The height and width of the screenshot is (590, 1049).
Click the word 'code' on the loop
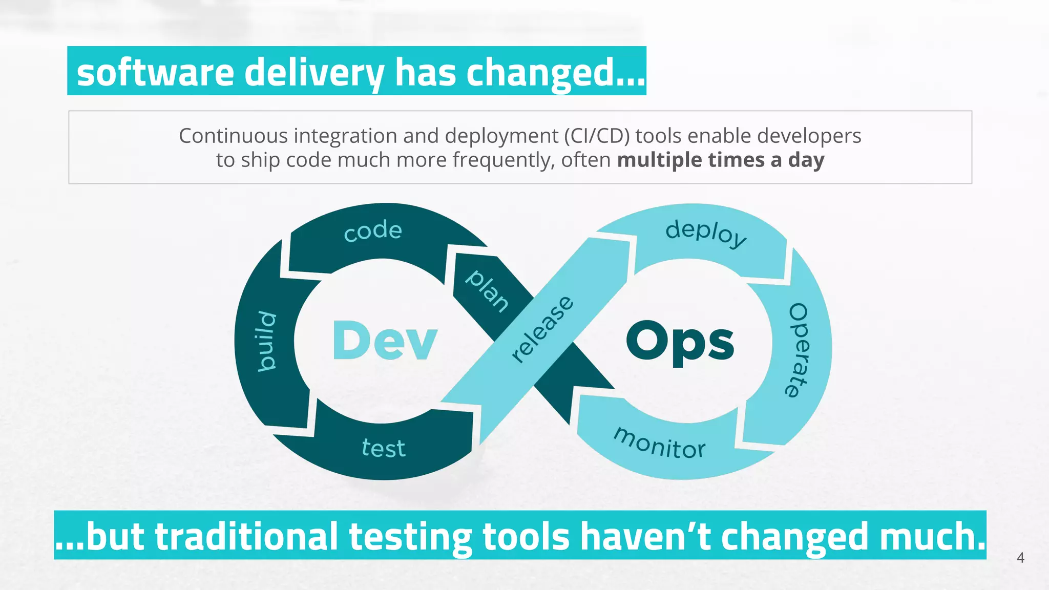point(373,231)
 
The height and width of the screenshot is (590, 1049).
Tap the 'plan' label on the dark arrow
point(487,290)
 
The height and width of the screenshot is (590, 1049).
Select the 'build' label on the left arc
point(266,341)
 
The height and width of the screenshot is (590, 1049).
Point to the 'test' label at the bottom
point(384,448)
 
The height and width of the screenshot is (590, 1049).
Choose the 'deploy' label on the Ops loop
point(706,234)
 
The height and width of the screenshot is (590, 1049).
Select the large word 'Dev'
point(385,341)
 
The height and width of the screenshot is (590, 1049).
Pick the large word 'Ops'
point(680,342)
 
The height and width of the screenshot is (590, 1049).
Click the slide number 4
point(1020,558)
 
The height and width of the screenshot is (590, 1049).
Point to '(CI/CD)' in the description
point(597,136)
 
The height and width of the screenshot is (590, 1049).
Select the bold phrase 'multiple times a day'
point(721,160)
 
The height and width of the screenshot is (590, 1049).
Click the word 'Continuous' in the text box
point(233,136)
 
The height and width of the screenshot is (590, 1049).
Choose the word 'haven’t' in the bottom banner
point(646,536)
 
